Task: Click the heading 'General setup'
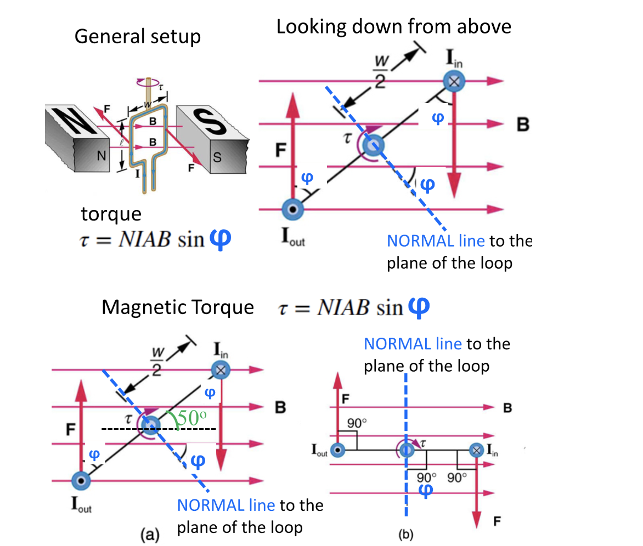click(137, 37)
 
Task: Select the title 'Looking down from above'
click(393, 26)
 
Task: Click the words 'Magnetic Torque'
click(178, 308)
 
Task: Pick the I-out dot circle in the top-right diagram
click(291, 209)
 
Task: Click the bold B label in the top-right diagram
click(522, 124)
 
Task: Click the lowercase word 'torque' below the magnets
click(111, 214)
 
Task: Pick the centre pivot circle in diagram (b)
click(406, 451)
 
